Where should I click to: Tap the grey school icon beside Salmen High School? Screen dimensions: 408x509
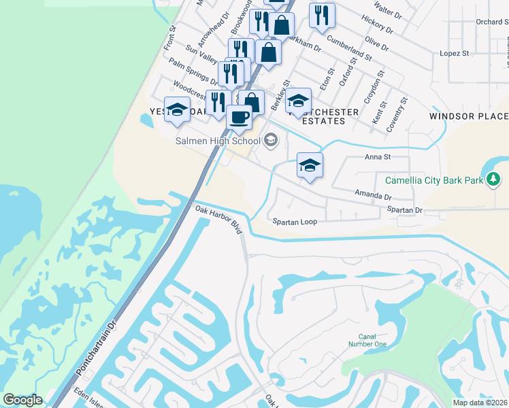(x=271, y=141)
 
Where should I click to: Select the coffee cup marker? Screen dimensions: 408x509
(x=239, y=117)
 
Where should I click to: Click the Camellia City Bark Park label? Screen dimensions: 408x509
(x=434, y=180)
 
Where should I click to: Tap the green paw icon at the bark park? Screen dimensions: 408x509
(x=493, y=180)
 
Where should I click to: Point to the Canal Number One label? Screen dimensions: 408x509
(x=372, y=340)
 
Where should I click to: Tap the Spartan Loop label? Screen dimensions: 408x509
(x=295, y=222)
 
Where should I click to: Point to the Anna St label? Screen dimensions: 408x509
(x=377, y=157)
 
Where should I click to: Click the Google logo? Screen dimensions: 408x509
(x=22, y=400)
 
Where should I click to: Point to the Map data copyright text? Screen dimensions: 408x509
(x=480, y=403)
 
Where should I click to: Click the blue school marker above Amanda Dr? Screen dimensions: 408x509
(x=310, y=165)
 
